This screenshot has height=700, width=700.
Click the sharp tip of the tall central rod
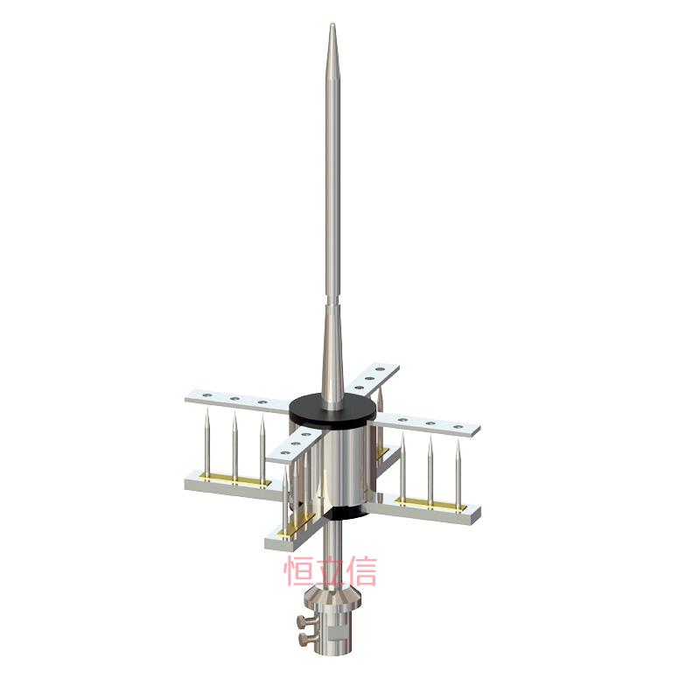[x=332, y=24]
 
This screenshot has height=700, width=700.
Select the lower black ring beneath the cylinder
[x=346, y=514]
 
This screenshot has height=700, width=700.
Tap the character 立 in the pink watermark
[x=331, y=571]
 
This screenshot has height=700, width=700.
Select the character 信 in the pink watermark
[x=362, y=571]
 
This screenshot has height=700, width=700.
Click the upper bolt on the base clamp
[x=306, y=620]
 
